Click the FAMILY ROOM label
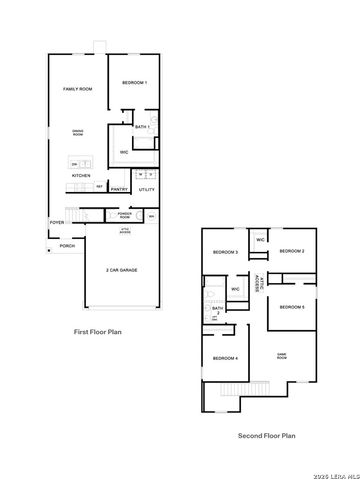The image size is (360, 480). pyautogui.click(x=78, y=89)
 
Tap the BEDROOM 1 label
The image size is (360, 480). pyautogui.click(x=134, y=82)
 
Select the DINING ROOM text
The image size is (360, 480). pyautogui.click(x=77, y=133)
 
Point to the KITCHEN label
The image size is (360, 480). pyautogui.click(x=81, y=175)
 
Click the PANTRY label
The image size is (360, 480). pyautogui.click(x=119, y=188)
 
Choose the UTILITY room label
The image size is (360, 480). pyautogui.click(x=146, y=188)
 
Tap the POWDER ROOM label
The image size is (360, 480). pyautogui.click(x=125, y=215)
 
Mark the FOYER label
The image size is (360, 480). pyautogui.click(x=57, y=222)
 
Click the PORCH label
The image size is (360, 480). pyautogui.click(x=67, y=245)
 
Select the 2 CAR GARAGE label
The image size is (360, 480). pyautogui.click(x=121, y=270)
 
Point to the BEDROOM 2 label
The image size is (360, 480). pyautogui.click(x=291, y=251)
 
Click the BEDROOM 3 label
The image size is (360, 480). pyautogui.click(x=226, y=252)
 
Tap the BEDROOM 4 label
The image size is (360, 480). pyautogui.click(x=225, y=357)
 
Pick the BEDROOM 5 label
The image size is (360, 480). pyautogui.click(x=291, y=306)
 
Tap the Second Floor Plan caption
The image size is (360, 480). pyautogui.click(x=266, y=435)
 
